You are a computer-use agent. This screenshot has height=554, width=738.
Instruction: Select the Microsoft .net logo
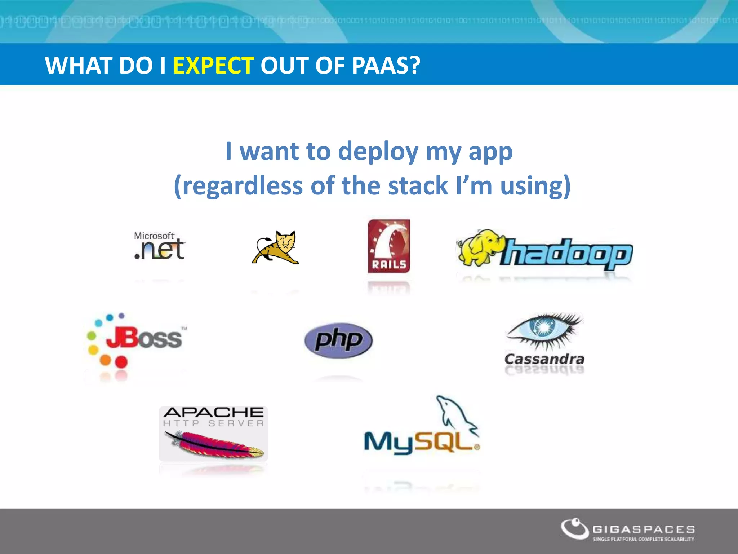[159, 246]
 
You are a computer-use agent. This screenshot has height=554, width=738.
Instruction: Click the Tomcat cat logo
[276, 247]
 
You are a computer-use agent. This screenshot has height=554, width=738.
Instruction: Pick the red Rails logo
[389, 246]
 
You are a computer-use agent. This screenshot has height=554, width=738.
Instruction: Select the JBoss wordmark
[144, 338]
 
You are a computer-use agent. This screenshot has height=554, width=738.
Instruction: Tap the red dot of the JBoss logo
[121, 361]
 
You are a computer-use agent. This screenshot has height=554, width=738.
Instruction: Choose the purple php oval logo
[338, 340]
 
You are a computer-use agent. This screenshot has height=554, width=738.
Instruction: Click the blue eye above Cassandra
[542, 327]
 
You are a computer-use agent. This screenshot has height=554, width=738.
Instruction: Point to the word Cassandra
[544, 359]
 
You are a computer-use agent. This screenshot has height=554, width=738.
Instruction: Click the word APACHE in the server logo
[213, 412]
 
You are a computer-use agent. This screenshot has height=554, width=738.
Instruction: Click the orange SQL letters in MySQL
[447, 441]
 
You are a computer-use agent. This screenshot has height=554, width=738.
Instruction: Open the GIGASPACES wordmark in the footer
[644, 529]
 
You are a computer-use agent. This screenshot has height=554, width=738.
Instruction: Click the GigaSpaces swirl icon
[575, 528]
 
